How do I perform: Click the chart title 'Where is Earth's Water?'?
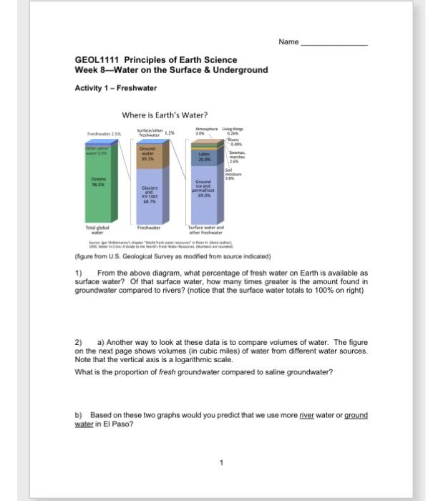click(x=165, y=115)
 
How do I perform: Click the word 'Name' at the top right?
click(x=288, y=42)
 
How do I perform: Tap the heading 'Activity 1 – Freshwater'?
click(x=115, y=88)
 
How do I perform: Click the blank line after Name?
click(x=334, y=44)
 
